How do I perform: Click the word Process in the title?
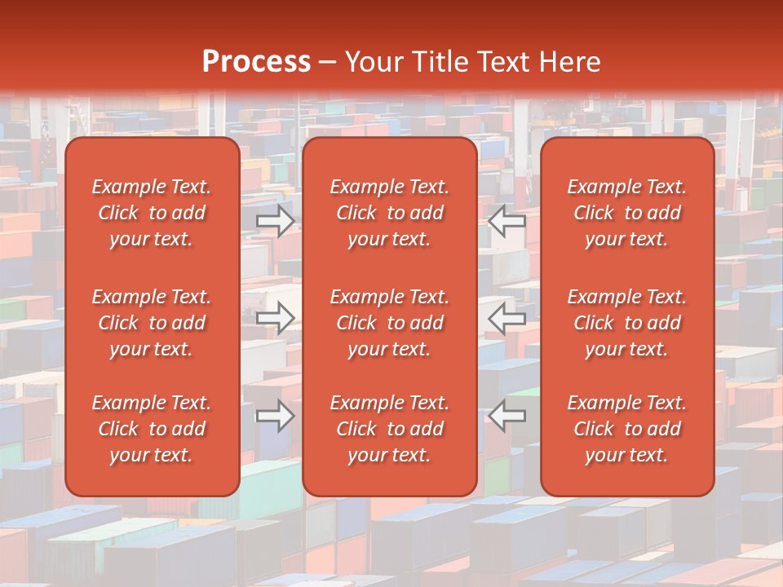point(256,62)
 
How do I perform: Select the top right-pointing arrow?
point(276,220)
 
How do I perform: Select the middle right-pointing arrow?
point(276,318)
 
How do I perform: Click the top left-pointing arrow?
point(507,220)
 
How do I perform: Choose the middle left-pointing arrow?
point(507,318)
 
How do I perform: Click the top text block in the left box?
point(152,213)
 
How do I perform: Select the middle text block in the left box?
point(152,323)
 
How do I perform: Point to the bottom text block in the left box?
point(152,429)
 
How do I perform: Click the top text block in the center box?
point(390,213)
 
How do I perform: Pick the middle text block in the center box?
point(390,323)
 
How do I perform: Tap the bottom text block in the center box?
point(390,429)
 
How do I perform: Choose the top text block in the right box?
point(627,213)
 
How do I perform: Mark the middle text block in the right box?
point(627,323)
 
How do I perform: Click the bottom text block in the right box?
point(627,429)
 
